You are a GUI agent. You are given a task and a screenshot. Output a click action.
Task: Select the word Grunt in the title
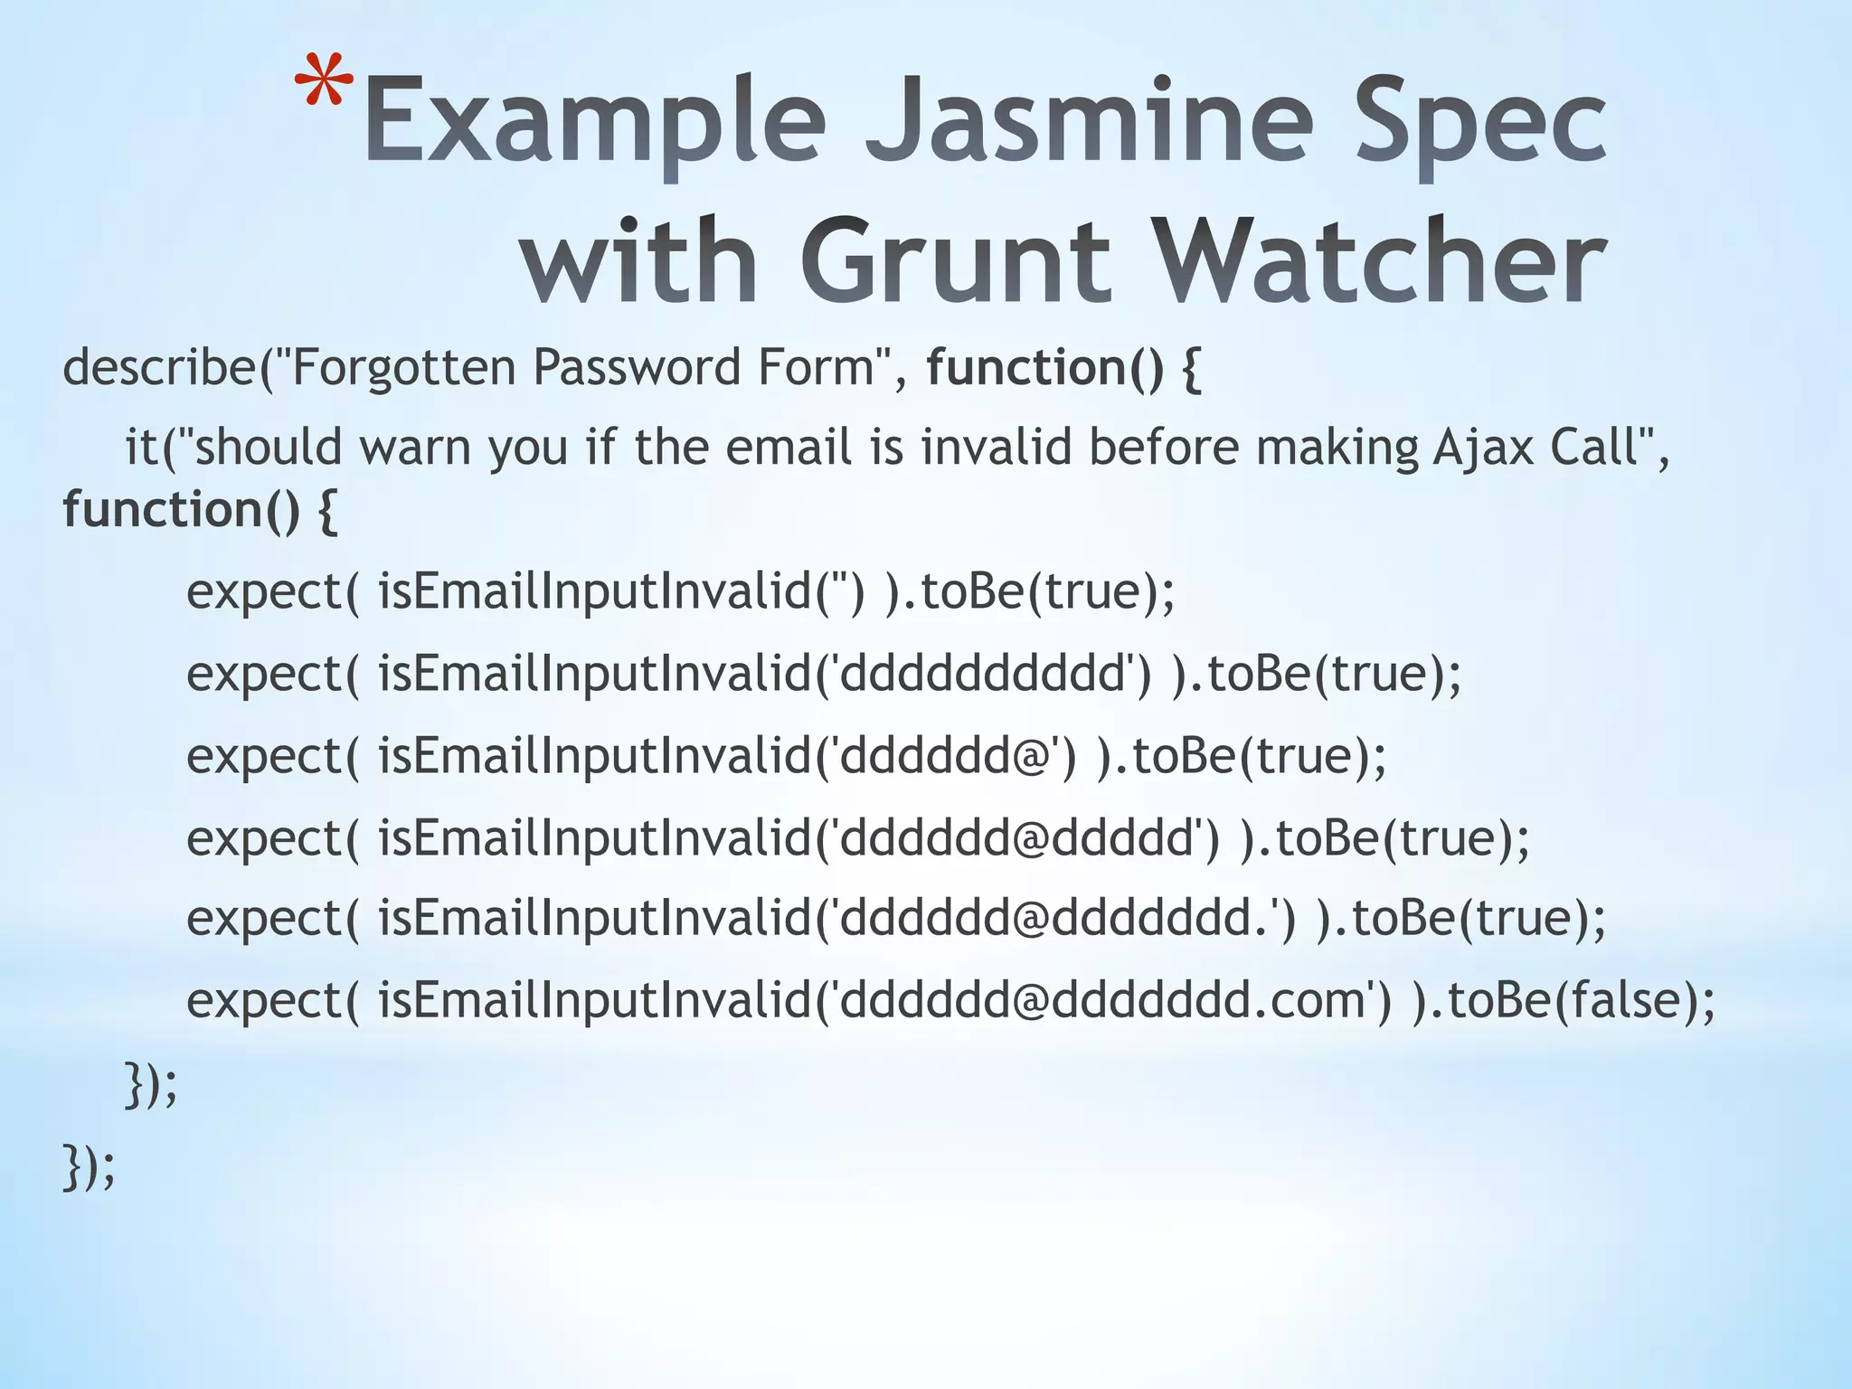955,262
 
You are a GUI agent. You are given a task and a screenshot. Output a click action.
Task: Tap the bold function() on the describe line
1044,368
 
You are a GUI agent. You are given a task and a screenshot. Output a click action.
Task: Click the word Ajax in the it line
1482,448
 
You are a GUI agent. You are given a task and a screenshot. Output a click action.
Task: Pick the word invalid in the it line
996,448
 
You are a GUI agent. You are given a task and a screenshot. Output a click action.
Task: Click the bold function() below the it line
181,509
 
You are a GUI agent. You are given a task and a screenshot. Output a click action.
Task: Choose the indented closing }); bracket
150,1085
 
